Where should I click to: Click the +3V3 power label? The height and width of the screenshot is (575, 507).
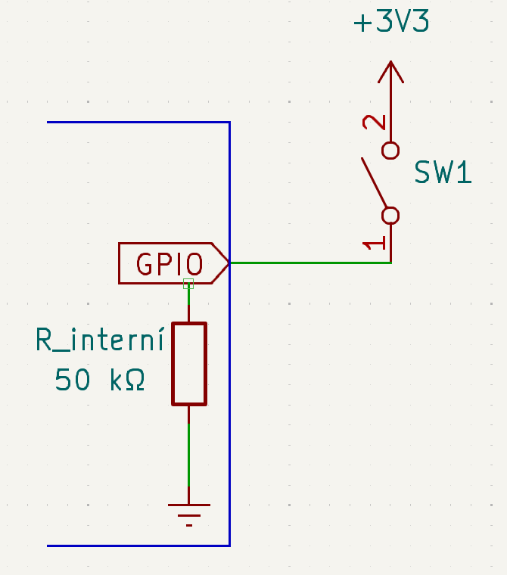coord(391,23)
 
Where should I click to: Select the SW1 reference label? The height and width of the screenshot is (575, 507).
coord(443,174)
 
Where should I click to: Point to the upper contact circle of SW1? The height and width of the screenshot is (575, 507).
coord(390,150)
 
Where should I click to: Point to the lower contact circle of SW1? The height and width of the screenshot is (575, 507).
coord(390,216)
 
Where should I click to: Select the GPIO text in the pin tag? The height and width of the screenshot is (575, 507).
coord(170,263)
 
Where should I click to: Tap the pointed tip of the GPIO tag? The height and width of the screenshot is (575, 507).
coord(227,263)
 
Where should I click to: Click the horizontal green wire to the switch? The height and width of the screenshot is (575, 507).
coord(310,263)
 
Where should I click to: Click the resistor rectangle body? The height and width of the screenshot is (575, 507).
coord(188,364)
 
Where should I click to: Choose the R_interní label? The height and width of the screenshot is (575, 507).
coord(100,340)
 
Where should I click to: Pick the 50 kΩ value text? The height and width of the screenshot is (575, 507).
coord(100,380)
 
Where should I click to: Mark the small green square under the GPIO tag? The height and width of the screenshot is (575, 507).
coord(188,284)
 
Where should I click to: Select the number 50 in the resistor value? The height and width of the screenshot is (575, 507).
coord(73,380)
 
